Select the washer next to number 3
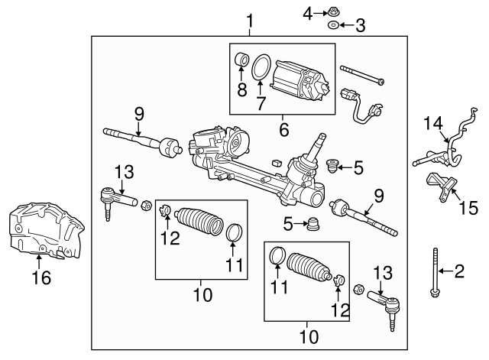[334, 26]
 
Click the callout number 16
[43, 277]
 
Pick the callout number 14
[433, 122]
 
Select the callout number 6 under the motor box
[283, 130]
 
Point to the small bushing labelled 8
[243, 59]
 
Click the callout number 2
[460, 270]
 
